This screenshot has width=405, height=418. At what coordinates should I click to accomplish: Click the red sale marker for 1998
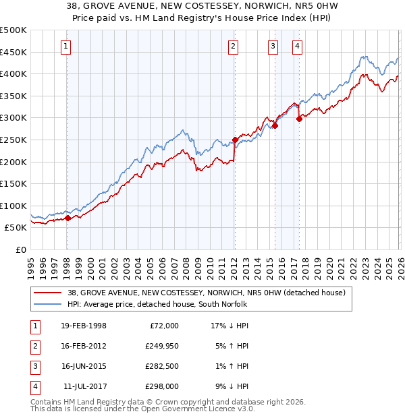coord(67,218)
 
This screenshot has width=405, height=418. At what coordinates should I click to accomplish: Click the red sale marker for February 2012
coord(235,140)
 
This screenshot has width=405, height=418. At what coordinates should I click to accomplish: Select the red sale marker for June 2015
coord(275,125)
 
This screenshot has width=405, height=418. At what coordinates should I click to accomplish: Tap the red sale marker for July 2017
coord(299,119)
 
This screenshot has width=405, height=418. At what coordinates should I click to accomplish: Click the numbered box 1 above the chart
coord(65,47)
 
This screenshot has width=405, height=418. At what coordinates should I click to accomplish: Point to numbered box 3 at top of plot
coord(273,47)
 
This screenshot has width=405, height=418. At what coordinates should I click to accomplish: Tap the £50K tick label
coord(16,228)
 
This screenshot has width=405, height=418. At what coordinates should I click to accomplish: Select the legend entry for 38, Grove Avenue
coord(206,293)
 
